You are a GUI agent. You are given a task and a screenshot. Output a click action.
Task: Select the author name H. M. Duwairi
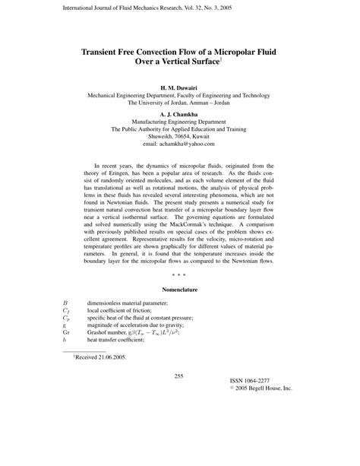point(179,87)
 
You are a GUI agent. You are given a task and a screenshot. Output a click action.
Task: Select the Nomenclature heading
point(179,290)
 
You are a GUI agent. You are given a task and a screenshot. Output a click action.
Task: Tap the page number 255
point(179,417)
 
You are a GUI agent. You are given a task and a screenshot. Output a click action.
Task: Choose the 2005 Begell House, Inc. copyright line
point(261,430)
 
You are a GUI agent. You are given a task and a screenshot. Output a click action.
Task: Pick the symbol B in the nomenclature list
point(65,303)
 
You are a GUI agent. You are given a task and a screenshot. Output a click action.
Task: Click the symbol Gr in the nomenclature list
point(66,332)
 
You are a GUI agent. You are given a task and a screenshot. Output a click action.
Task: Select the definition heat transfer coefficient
point(126,342)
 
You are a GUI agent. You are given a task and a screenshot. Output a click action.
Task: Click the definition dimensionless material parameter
point(137,303)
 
